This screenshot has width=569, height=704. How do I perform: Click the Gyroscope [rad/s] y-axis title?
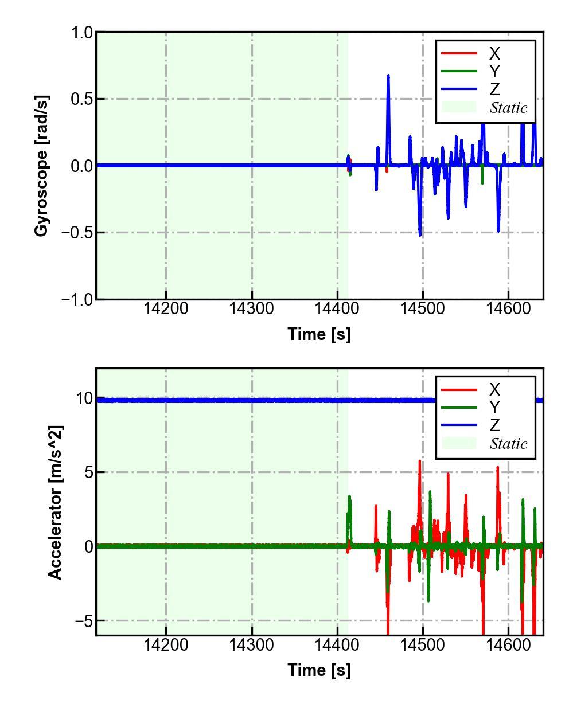(41, 166)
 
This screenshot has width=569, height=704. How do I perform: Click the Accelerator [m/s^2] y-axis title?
(55, 502)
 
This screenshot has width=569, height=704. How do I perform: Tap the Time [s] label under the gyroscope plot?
(319, 334)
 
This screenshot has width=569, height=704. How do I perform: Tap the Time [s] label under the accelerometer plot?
(319, 670)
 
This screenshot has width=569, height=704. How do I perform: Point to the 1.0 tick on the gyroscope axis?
(81, 33)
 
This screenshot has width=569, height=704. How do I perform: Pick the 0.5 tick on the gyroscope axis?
(81, 99)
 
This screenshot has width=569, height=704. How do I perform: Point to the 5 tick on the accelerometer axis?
(87, 472)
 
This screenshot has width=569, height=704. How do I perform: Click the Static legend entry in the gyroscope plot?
(508, 108)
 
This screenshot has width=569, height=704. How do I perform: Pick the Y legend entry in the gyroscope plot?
(494, 72)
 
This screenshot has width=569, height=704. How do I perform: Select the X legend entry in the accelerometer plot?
(494, 390)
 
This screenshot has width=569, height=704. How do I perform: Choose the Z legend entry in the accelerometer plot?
(494, 425)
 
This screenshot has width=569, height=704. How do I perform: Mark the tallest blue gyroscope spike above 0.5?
(388, 76)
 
